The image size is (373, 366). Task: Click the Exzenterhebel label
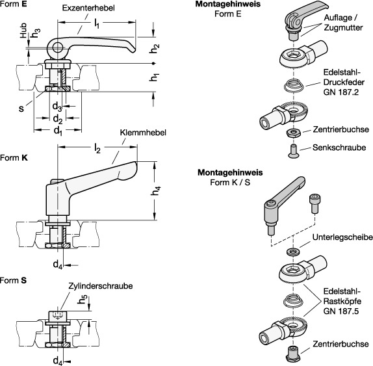[88, 8]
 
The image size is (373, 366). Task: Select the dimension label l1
[97, 24]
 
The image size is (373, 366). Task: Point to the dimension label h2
[155, 49]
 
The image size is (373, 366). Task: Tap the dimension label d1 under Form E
[58, 131]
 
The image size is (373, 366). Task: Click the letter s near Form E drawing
[21, 109]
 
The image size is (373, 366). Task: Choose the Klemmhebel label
[143, 133]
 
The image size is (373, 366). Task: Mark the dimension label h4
[155, 190]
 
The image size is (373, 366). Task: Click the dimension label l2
[97, 148]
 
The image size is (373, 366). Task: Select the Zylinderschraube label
[100, 286]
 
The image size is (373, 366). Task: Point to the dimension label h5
[83, 300]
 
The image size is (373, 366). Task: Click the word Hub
[23, 30]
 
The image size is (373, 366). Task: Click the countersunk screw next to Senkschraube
[294, 151]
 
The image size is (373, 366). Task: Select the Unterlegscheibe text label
[342, 237]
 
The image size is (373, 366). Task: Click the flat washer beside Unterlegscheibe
[293, 252]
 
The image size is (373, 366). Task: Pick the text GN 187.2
[341, 92]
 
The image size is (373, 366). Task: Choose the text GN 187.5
[341, 311]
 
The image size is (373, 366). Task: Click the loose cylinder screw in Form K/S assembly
[314, 204]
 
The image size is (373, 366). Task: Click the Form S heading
[13, 280]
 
